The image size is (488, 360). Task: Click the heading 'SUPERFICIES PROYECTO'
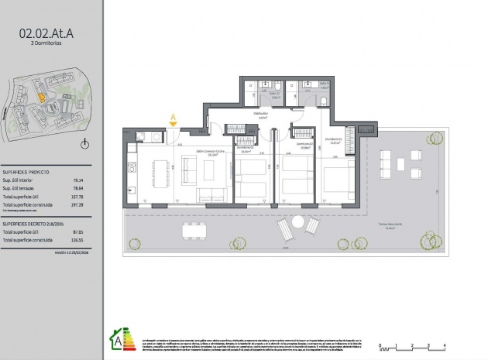pos(26,172)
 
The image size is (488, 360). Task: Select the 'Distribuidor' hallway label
pos(262,115)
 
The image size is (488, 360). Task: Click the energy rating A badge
pos(116,338)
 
